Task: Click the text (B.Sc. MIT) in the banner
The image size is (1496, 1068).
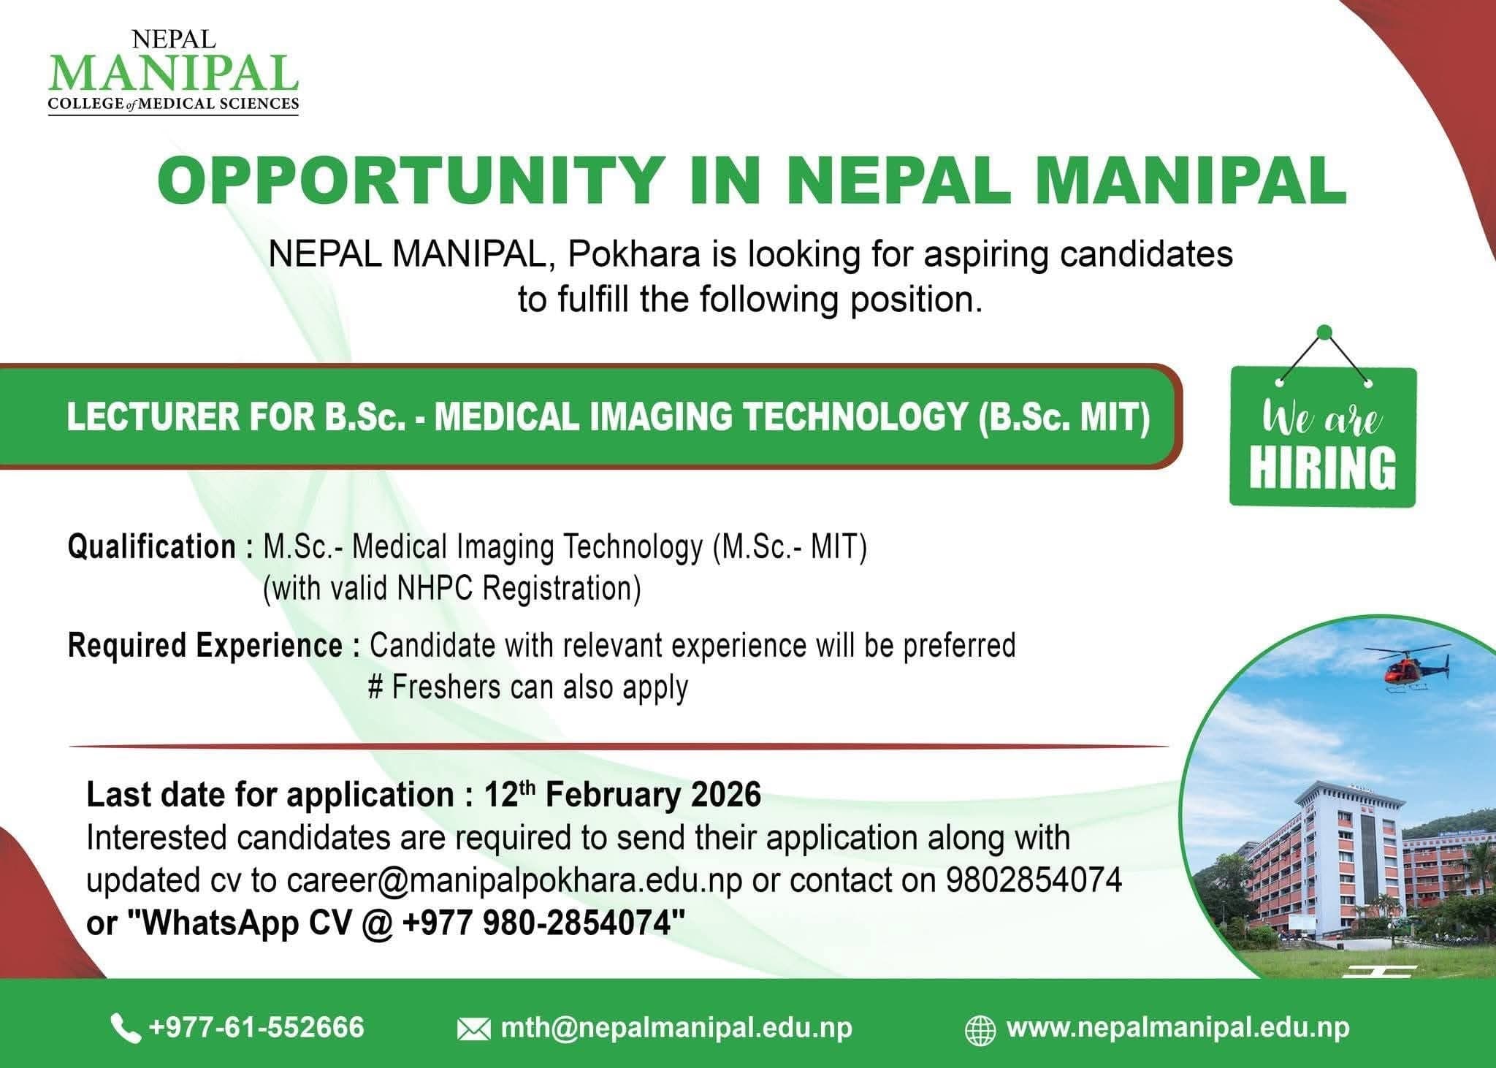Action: pos(1064,417)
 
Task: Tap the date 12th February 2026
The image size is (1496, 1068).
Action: pos(622,795)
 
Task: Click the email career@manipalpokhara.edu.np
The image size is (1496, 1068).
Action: pos(514,880)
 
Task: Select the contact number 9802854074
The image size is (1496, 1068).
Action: pos(1034,880)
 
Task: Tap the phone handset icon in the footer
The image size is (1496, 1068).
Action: pos(125,1029)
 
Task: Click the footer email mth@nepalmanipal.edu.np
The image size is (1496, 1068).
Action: pos(676,1028)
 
